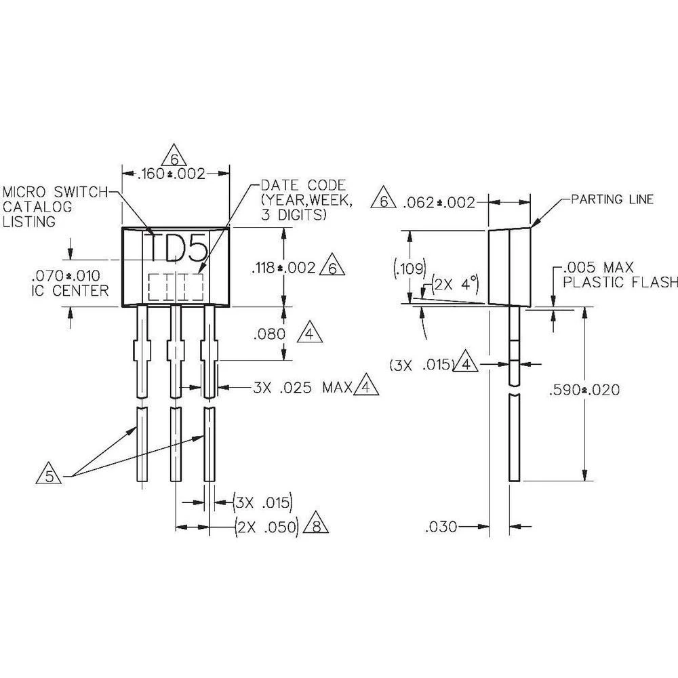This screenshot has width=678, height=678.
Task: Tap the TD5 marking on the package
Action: coord(177,249)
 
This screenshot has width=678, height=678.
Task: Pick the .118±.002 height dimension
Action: coord(283,268)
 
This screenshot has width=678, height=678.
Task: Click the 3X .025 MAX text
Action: coord(302,388)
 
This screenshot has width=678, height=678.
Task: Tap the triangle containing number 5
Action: coord(49,475)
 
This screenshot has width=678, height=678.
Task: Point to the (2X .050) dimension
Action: coord(267,527)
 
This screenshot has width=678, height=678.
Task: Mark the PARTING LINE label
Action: coord(612,199)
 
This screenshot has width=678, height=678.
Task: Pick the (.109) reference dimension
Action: coord(400,267)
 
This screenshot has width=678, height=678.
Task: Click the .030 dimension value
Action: coord(441,526)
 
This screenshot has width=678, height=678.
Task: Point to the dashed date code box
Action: coord(176,287)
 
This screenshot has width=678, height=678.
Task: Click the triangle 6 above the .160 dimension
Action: coord(175,158)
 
